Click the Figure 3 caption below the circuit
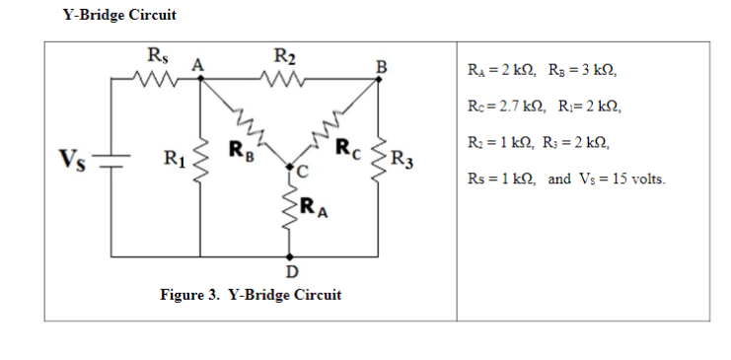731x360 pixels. [251, 295]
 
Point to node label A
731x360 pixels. [196, 65]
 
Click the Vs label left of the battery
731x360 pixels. [72, 158]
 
